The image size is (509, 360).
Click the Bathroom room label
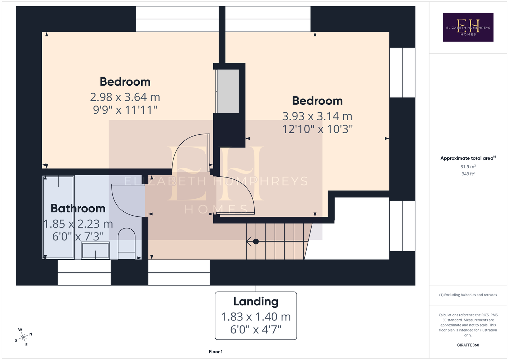78,208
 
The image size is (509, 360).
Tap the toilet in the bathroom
126,243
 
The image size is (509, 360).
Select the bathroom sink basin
95,250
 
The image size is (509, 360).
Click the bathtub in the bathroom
59,217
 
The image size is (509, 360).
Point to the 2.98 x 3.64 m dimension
125,97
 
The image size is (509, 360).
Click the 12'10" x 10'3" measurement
317,129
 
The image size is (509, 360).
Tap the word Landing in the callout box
256,301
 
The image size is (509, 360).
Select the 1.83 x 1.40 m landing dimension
256,316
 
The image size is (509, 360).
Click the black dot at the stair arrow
256,241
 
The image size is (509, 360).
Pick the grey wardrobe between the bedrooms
227,91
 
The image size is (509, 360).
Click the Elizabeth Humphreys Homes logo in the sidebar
468,27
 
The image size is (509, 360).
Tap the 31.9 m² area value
468,166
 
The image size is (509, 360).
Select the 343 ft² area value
468,174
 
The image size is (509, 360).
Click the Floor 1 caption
216,352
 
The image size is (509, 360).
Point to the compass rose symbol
23,337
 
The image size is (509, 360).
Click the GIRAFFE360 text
468,345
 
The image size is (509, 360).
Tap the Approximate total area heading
468,158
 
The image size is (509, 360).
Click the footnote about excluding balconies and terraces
468,295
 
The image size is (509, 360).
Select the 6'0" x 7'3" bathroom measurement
78,237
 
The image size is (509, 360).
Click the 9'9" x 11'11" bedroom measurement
125,110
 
